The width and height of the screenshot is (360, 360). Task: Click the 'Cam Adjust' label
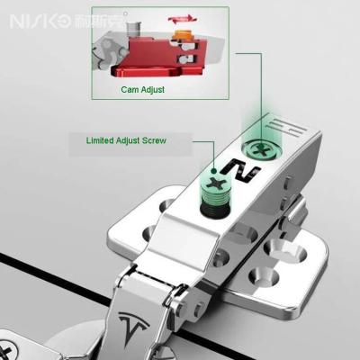(143, 89)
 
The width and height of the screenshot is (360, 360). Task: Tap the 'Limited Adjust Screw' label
(126, 140)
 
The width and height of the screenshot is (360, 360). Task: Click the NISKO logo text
(40, 22)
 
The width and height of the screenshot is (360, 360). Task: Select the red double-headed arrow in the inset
(183, 19)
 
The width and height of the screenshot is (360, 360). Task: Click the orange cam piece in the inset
(183, 34)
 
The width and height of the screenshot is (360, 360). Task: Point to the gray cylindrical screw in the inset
(134, 29)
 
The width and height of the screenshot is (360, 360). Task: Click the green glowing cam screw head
(262, 149)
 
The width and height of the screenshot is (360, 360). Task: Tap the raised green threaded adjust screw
(215, 195)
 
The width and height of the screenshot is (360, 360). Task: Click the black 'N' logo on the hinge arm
(240, 170)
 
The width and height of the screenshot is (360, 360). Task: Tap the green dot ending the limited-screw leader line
(214, 171)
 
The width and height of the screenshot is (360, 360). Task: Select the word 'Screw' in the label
(154, 140)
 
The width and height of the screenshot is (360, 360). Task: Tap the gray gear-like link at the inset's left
(109, 52)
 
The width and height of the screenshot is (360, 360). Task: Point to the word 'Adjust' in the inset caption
(152, 90)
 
